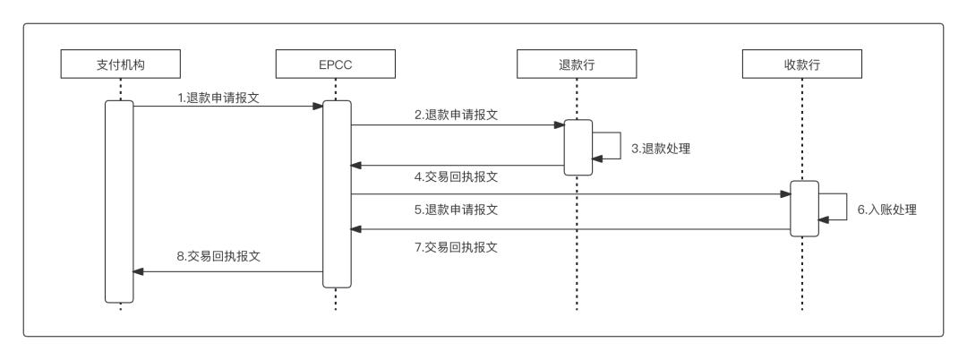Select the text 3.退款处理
(x=661, y=149)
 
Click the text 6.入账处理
(x=887, y=211)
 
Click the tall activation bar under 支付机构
(x=119, y=201)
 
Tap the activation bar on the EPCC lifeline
(x=336, y=193)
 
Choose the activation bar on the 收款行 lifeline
(x=804, y=209)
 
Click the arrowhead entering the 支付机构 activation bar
(x=139, y=271)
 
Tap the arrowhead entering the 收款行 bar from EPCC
(x=784, y=194)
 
